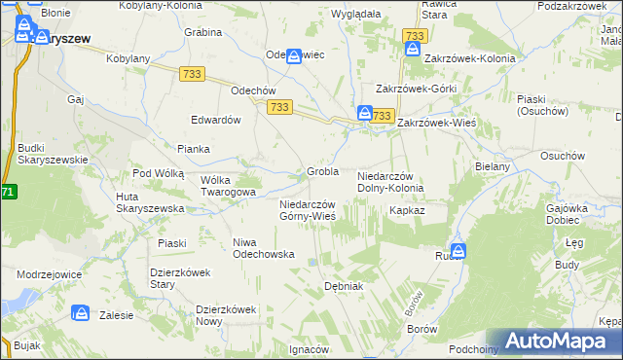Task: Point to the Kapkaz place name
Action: pyautogui.click(x=407, y=209)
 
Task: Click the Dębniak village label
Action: pyautogui.click(x=343, y=286)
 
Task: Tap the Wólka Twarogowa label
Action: pyautogui.click(x=228, y=186)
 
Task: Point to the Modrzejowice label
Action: pyautogui.click(x=48, y=275)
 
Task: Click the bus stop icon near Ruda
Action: pyautogui.click(x=458, y=250)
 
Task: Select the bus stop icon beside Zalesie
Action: pyautogui.click(x=83, y=314)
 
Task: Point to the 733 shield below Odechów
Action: pyautogui.click(x=280, y=106)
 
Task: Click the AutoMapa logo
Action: pyautogui.click(x=558, y=341)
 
